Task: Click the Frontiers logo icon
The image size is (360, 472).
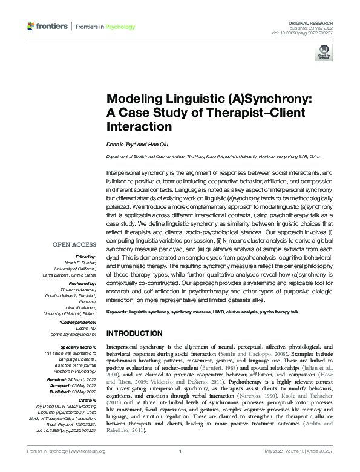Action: pyautogui.click(x=31, y=27)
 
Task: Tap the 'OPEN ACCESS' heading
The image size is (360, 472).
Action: pyautogui.click(x=74, y=244)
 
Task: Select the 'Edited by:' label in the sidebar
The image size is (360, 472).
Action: pyautogui.click(x=85, y=256)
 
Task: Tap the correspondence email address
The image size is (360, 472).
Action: pyautogui.click(x=77, y=333)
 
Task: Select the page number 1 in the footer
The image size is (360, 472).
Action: pyautogui.click(x=180, y=468)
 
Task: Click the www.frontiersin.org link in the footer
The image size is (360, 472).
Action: pyautogui.click(x=88, y=468)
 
